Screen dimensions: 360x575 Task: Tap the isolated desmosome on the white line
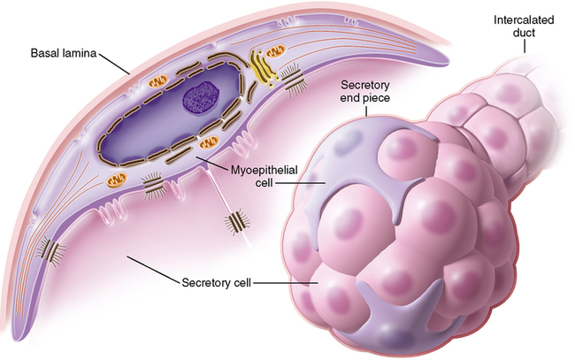[x=237, y=220]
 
